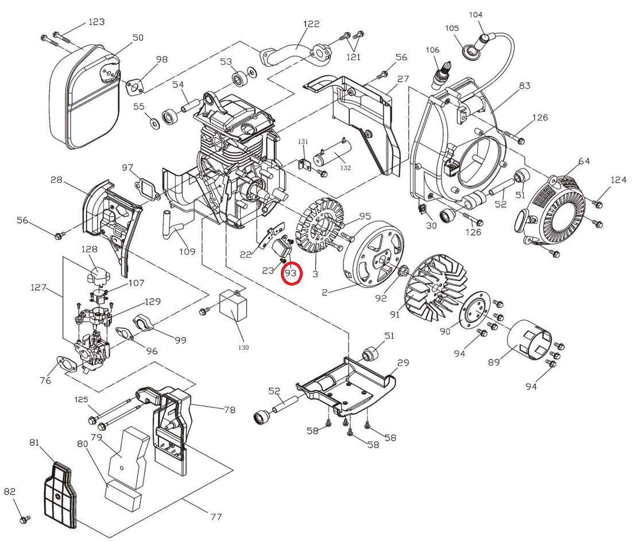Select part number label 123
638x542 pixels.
tap(96, 22)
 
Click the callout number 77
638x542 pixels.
tap(216, 517)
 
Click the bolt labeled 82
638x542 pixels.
tap(25, 519)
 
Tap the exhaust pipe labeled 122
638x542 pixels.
tap(294, 55)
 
